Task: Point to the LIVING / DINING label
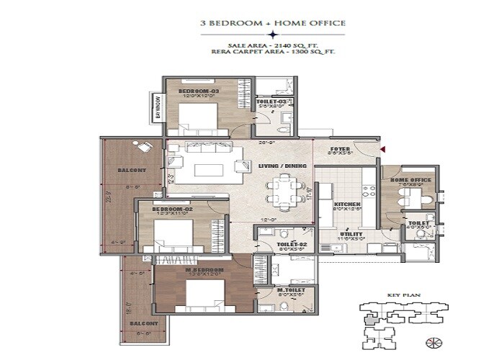(x=283, y=166)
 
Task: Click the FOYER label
(x=340, y=149)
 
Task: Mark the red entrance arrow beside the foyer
(x=382, y=149)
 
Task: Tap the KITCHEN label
(x=347, y=205)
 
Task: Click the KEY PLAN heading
(x=398, y=294)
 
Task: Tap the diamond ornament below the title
(x=272, y=34)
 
